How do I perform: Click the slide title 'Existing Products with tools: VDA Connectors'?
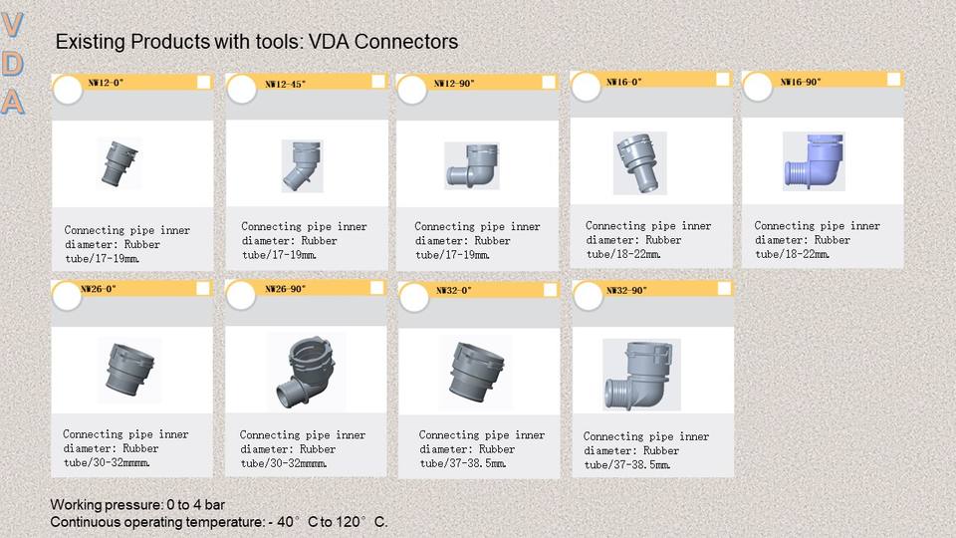[x=256, y=42]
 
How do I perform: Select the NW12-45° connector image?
[x=302, y=164]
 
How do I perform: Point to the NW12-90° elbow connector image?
[x=471, y=165]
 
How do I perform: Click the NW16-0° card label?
[x=623, y=82]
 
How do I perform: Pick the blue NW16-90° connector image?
[x=814, y=161]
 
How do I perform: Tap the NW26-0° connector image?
[x=129, y=370]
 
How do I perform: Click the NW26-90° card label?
[x=286, y=289]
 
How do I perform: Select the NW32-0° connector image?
[x=475, y=372]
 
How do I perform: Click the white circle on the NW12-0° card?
[x=67, y=92]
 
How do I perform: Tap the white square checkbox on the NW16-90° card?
[x=893, y=80]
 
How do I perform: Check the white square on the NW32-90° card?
[x=724, y=289]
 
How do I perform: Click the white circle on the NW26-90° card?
[x=242, y=296]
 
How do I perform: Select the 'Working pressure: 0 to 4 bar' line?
[x=137, y=505]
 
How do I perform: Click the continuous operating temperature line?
[x=219, y=522]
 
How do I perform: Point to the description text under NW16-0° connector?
[x=648, y=240]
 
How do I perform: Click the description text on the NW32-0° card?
[x=481, y=449]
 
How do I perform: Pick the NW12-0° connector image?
[x=119, y=162]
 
